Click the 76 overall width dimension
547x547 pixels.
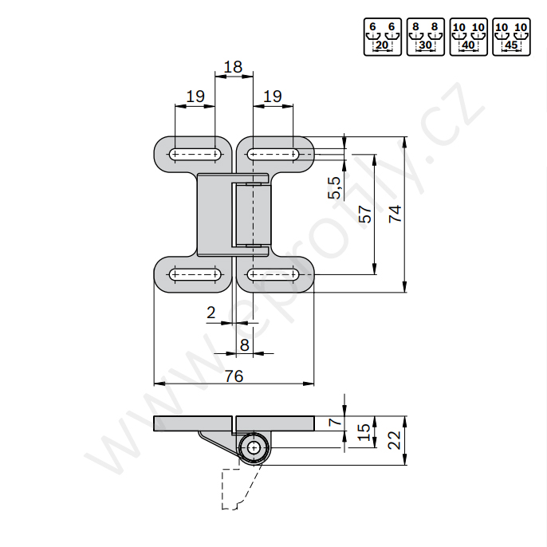click(234, 376)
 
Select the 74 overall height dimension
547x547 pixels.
click(395, 214)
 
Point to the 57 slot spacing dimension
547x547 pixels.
click(365, 214)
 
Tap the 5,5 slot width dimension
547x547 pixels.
click(334, 187)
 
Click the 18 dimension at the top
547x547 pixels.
click(233, 67)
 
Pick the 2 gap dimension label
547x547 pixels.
click(211, 313)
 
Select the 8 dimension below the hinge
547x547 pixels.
click(245, 345)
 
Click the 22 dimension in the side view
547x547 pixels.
click(395, 440)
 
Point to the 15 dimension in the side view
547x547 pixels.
click(364, 432)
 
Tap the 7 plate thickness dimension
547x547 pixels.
click(336, 422)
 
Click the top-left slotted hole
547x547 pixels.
click(195, 154)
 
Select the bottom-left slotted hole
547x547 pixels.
click(195, 274)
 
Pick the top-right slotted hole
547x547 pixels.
click(273, 154)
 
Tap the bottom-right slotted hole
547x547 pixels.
click(273, 274)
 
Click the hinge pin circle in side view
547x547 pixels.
click(254, 447)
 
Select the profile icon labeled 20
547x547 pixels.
click(383, 37)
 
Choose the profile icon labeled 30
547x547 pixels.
click(425, 37)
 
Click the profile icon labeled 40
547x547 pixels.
click(469, 37)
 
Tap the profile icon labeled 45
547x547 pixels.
click(511, 37)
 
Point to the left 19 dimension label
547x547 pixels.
click(195, 96)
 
